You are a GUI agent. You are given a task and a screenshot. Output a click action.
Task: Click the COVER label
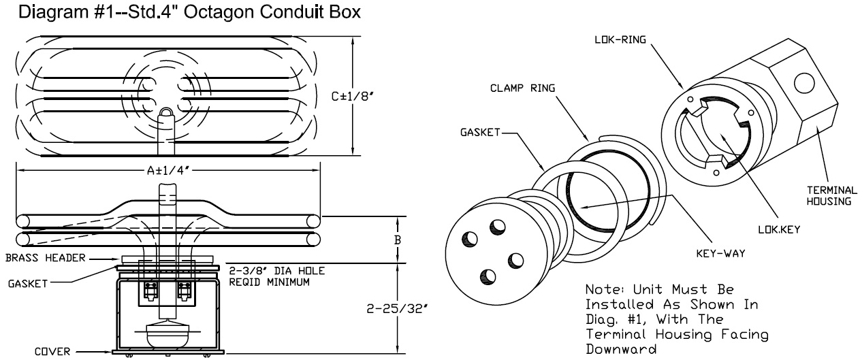coord(52,352)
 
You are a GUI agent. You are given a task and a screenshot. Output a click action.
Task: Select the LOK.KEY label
coord(786,229)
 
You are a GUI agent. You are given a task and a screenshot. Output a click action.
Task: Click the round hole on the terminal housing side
coord(803,83)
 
